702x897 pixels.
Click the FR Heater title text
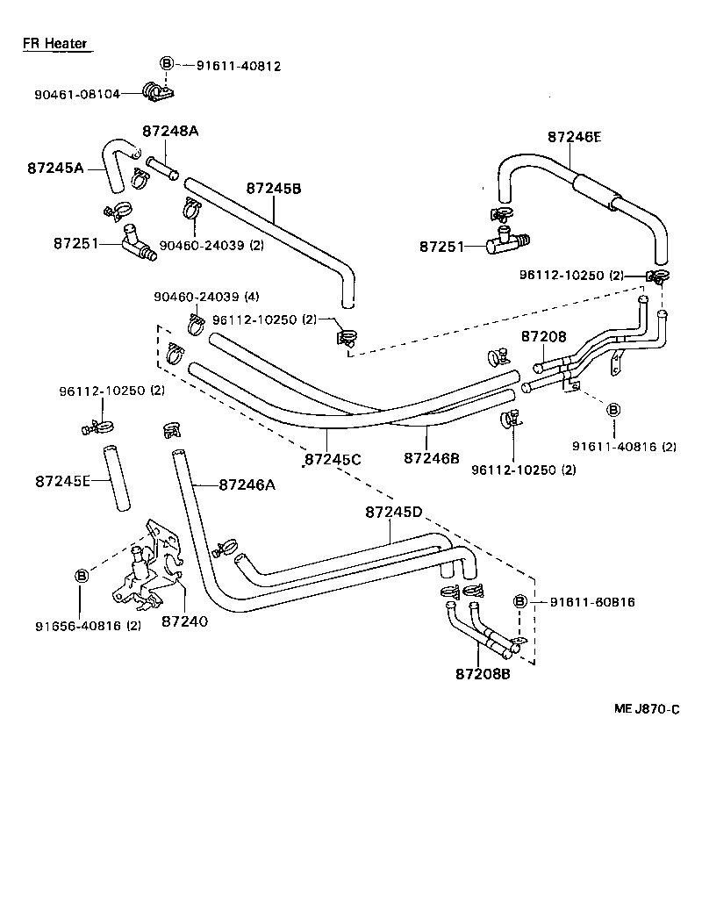point(54,43)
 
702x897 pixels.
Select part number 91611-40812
point(238,65)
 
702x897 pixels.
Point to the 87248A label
point(170,131)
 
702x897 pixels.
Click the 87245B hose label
point(274,188)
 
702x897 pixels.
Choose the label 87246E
point(575,136)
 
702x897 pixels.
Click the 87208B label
point(483,674)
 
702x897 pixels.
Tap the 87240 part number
point(183,621)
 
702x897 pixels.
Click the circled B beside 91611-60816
point(519,601)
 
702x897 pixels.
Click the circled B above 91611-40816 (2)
point(612,410)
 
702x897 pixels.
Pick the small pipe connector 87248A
point(163,166)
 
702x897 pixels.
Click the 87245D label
point(394,512)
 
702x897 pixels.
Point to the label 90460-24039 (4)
point(206,297)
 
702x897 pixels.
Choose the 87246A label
point(247,484)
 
